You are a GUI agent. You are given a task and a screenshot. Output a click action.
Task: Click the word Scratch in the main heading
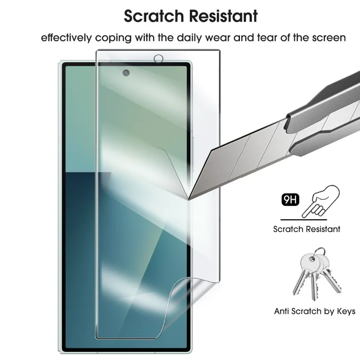pos(154,16)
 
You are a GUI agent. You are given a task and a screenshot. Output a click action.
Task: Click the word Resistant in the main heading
pos(223,16)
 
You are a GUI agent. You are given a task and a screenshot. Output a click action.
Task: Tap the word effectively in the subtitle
pos(66,37)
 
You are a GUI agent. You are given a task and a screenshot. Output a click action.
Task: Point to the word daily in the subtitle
pos(189,38)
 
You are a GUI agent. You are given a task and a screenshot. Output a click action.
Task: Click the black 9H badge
pos(290,199)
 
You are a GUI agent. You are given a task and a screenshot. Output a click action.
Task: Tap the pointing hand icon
pos(321,201)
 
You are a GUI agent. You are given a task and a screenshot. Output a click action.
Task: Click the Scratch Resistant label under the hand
pos(307,229)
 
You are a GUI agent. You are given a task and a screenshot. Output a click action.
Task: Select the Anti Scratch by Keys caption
pos(315,311)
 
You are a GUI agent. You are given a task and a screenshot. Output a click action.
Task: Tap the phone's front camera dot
pos(126,73)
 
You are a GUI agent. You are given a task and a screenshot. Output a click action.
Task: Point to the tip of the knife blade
pos(189,200)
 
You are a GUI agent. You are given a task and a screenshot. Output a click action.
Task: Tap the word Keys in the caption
pos(346,311)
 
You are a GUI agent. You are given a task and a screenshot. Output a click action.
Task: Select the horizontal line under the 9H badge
pos(303,220)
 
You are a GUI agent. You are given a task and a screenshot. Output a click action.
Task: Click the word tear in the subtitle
pos(267,38)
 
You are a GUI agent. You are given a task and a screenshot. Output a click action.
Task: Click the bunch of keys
pos(317,274)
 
